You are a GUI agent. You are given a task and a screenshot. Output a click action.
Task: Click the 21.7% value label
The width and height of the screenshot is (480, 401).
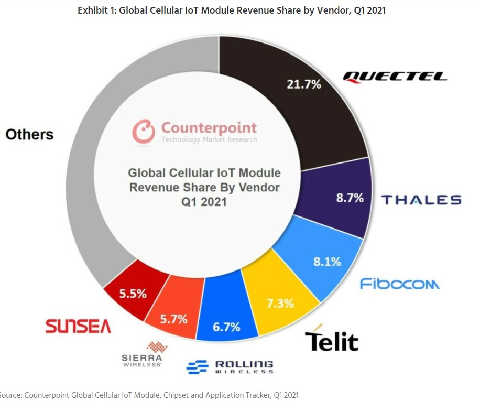304,83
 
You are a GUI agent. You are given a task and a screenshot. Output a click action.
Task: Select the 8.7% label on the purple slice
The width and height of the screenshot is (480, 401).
350,199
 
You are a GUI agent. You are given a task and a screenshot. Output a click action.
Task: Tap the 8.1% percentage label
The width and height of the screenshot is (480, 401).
328,261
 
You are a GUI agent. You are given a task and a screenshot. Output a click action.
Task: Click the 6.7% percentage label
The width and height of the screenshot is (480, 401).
226,327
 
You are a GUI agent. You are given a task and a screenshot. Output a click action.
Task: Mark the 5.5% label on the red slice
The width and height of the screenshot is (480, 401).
133,294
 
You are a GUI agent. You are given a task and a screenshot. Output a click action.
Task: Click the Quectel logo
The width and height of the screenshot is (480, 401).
395,77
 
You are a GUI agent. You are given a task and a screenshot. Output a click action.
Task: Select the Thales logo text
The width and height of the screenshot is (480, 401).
421,200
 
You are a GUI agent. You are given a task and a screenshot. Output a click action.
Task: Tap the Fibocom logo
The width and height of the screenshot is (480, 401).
399,284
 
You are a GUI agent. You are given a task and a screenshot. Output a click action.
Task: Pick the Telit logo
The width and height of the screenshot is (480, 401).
331,339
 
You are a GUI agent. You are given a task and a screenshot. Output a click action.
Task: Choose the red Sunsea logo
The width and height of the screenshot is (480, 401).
78,327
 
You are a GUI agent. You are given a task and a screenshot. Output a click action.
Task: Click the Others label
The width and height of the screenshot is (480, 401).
29,134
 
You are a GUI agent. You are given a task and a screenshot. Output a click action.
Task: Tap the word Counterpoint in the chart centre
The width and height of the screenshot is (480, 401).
209,127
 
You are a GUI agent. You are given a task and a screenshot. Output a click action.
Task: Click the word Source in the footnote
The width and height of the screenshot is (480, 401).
10,395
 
